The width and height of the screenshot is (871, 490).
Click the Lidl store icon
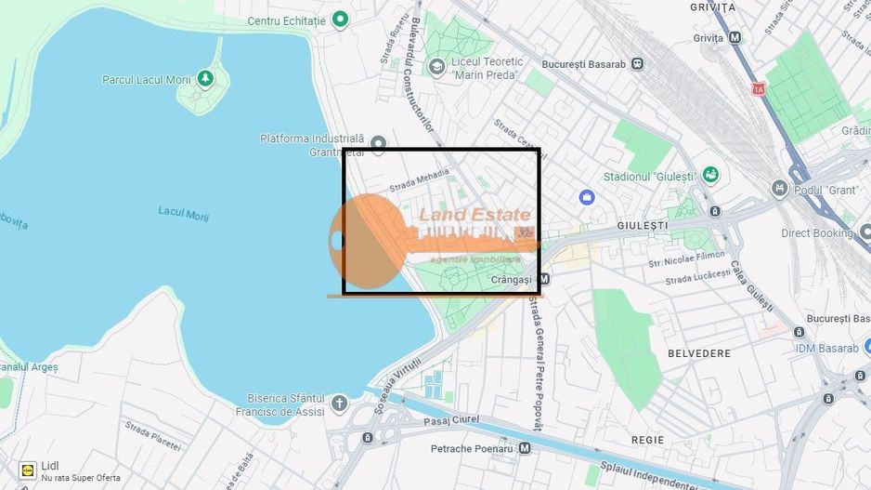[27, 470]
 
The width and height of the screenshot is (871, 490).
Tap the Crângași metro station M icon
[544, 279]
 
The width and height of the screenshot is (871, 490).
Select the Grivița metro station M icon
[735, 38]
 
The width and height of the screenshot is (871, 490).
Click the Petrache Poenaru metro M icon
[525, 448]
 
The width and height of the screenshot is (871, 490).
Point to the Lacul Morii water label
[183, 213]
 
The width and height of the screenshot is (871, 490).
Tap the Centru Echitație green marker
[341, 19]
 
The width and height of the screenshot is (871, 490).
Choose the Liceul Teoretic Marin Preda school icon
[436, 67]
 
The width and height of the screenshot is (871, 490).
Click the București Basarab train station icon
[637, 63]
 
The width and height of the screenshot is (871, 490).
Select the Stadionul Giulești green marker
[710, 175]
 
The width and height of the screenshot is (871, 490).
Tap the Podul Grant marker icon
[779, 190]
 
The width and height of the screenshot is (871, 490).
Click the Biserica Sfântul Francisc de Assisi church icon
[339, 404]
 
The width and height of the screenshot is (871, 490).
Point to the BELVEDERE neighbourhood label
[699, 353]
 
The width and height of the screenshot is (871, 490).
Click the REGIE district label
[647, 439]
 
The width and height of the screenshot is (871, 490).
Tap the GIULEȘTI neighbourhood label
[643, 225]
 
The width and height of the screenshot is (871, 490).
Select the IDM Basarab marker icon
[859, 348]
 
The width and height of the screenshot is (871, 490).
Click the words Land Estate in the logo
[474, 216]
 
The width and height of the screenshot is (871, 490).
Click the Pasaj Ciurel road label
[454, 420]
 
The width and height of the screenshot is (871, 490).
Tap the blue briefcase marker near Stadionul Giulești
[586, 197]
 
